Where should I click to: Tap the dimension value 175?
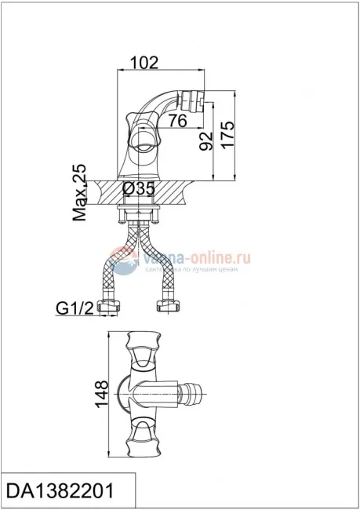pos(229,129)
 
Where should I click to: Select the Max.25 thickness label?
pos(79,193)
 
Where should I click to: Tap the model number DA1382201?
pos(60,491)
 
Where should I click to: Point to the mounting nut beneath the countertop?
pos(141,213)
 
